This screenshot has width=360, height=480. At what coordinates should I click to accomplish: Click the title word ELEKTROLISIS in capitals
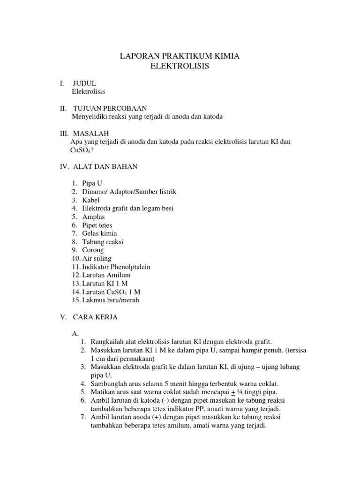pos(180,67)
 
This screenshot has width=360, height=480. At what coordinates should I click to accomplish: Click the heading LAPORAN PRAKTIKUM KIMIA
pos(180,57)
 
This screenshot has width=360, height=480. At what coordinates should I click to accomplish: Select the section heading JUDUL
pos(84,83)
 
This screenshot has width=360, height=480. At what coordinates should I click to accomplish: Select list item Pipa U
pos(92,184)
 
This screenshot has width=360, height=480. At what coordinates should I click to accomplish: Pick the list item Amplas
pos(93,217)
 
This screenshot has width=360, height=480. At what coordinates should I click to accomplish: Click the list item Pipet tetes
pos(97,225)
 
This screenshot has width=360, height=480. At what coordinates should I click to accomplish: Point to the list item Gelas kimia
pos(99,233)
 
